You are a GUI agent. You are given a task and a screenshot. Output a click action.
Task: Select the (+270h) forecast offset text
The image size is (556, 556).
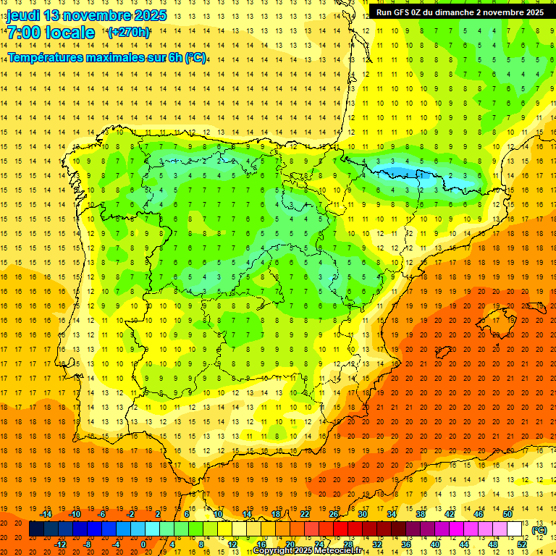(x=129, y=32)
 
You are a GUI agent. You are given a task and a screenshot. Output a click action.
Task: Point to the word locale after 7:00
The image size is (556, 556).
(x=69, y=33)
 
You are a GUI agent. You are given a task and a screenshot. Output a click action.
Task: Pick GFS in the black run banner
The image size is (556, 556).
(x=406, y=12)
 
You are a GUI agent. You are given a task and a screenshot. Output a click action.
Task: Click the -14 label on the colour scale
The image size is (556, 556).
(x=46, y=514)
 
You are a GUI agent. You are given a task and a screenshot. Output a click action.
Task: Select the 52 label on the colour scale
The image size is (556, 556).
(x=522, y=544)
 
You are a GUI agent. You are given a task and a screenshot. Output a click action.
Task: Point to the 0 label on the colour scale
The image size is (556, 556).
(x=143, y=544)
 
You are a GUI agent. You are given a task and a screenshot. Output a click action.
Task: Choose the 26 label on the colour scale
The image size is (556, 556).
(x=334, y=514)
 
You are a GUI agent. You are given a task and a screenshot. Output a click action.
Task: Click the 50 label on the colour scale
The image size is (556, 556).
(x=507, y=514)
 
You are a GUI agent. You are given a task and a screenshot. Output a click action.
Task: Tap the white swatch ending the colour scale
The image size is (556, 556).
(x=515, y=529)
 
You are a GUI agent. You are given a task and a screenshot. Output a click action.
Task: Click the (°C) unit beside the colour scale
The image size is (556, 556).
(x=539, y=530)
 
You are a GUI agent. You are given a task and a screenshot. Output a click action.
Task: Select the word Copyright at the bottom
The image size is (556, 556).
(x=273, y=551)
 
